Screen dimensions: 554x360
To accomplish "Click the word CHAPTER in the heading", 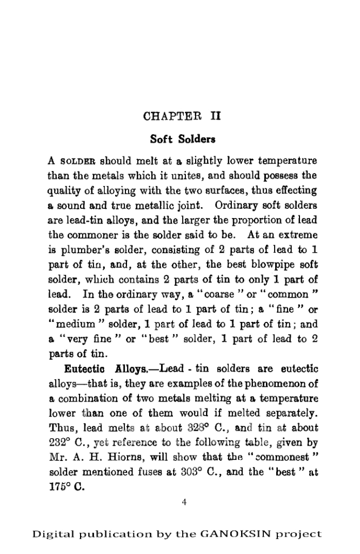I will (166, 116).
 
